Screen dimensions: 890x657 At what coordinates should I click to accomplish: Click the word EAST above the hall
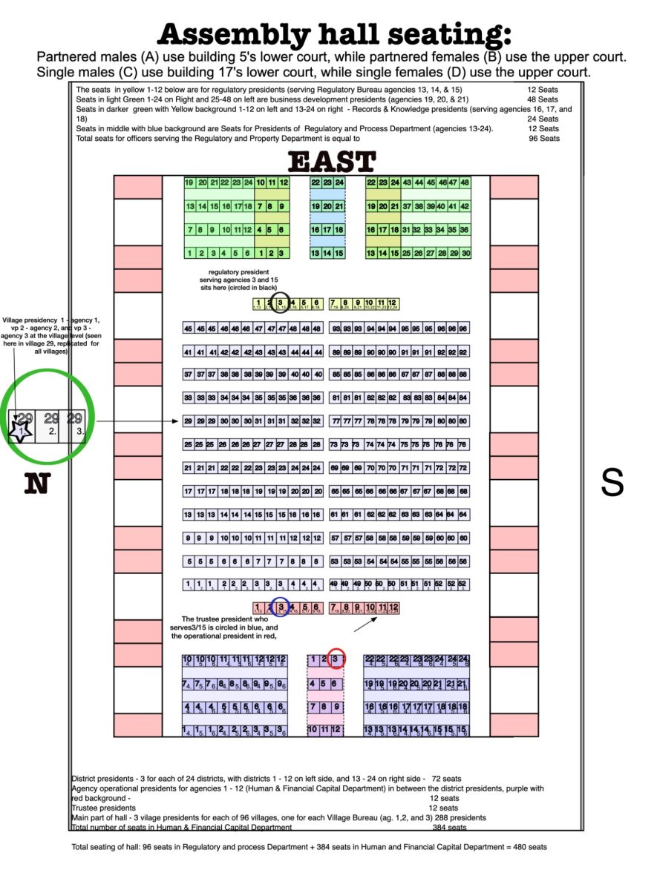(x=331, y=162)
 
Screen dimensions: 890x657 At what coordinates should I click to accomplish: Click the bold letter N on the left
(x=36, y=483)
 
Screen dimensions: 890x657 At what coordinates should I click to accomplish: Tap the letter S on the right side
(x=611, y=483)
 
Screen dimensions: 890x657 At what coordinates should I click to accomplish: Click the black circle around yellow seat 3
(x=280, y=303)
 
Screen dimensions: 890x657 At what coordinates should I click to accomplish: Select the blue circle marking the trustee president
(x=280, y=607)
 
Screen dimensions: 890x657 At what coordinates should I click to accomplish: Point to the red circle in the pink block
(x=336, y=658)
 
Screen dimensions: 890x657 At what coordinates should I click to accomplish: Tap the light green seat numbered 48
(x=465, y=182)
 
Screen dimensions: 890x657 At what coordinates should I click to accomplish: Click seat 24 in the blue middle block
(x=339, y=182)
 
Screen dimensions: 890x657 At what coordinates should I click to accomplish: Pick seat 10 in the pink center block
(x=313, y=730)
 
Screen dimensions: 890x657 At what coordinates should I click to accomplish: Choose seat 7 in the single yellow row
(x=334, y=303)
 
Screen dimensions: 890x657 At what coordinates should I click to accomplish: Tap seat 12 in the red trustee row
(x=393, y=608)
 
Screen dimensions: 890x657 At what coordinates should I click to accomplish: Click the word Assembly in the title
(x=232, y=34)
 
